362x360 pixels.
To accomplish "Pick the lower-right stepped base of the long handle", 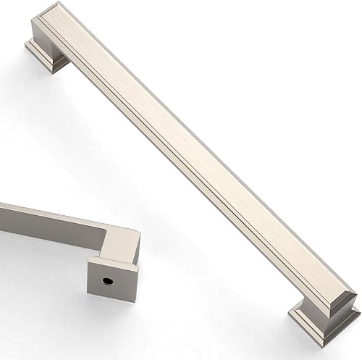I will pos(323,314).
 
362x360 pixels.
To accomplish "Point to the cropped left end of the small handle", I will pos(4,214).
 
